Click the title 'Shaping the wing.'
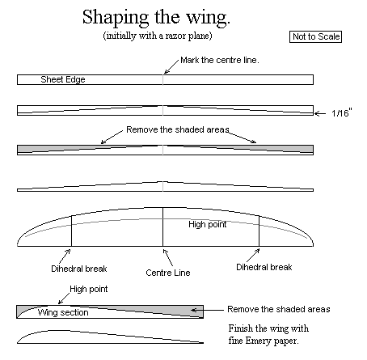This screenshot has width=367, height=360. coord(156,18)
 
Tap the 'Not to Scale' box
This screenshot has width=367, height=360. coord(315,36)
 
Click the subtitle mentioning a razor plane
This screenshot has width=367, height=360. coord(158,36)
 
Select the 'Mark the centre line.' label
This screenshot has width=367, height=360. coord(220,60)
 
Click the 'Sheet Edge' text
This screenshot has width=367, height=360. coord(63,79)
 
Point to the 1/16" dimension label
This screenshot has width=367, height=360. coord(342,112)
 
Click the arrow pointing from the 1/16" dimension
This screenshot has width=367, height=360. coord(320,113)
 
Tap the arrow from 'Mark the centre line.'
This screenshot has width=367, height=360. coord(171,66)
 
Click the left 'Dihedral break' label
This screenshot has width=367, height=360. coord(79,269)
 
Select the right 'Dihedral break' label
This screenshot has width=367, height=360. coord(264,267)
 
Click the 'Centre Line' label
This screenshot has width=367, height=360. coord(168,273)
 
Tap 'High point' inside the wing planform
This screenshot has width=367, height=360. coord(208,224)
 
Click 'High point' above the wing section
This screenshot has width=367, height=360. coord(89,289)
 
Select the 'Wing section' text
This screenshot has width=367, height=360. coord(63,312)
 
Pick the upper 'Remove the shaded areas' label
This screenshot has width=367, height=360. coord(178,129)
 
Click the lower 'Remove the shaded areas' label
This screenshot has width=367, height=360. coord(279,309)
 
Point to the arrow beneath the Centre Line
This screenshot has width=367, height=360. coord(168,257)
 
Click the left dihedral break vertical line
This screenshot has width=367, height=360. coord(71,231)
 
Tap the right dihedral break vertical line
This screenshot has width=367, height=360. coord(259,231)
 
